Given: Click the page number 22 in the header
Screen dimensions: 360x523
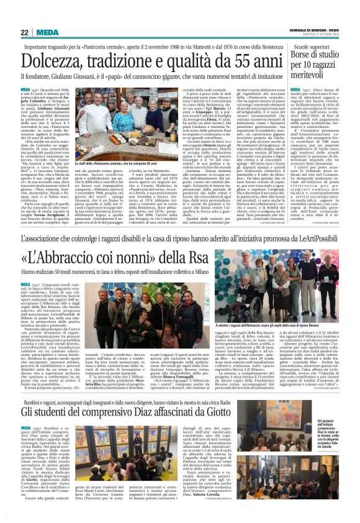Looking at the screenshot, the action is [24, 32].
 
